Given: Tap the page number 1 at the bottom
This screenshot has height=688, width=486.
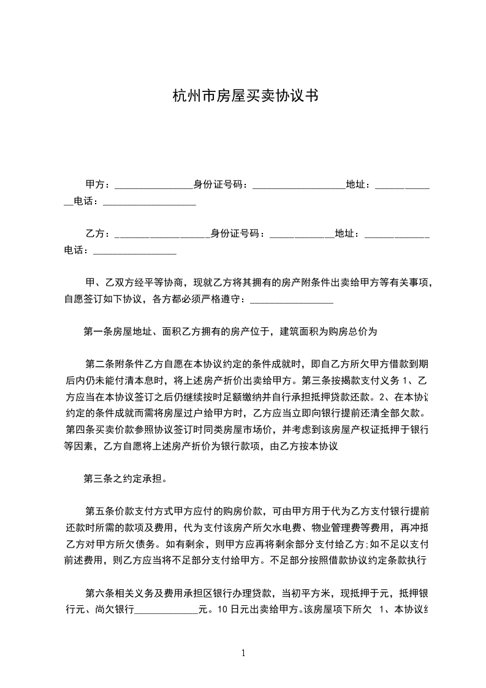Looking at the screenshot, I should coord(243,652).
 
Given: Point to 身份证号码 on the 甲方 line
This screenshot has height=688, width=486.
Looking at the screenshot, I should coord(219,185).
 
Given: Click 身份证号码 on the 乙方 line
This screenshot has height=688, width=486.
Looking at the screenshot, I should coord(237,234).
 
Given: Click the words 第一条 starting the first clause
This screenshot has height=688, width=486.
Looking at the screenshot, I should coord(96,332).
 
